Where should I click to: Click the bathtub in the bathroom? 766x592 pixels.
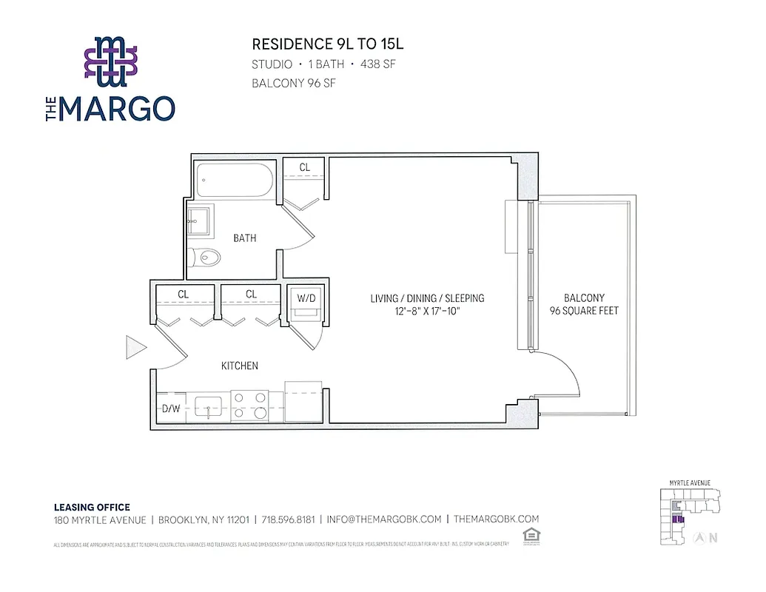tap(234, 180)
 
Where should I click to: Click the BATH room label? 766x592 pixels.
tap(245, 238)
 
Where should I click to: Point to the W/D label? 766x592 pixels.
tap(306, 297)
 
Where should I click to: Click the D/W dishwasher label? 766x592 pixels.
tap(172, 408)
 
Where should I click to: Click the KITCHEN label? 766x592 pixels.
tap(240, 366)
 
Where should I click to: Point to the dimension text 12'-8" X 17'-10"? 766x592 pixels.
tap(427, 312)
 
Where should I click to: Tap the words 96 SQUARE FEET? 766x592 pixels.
tap(584, 311)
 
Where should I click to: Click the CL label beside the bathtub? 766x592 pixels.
tap(305, 168)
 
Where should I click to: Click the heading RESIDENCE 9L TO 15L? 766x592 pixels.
tap(328, 44)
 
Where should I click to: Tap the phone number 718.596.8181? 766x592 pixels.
tap(286, 519)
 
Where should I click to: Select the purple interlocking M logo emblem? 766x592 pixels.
tap(110, 58)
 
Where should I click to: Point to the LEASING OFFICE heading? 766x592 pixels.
tap(92, 507)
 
